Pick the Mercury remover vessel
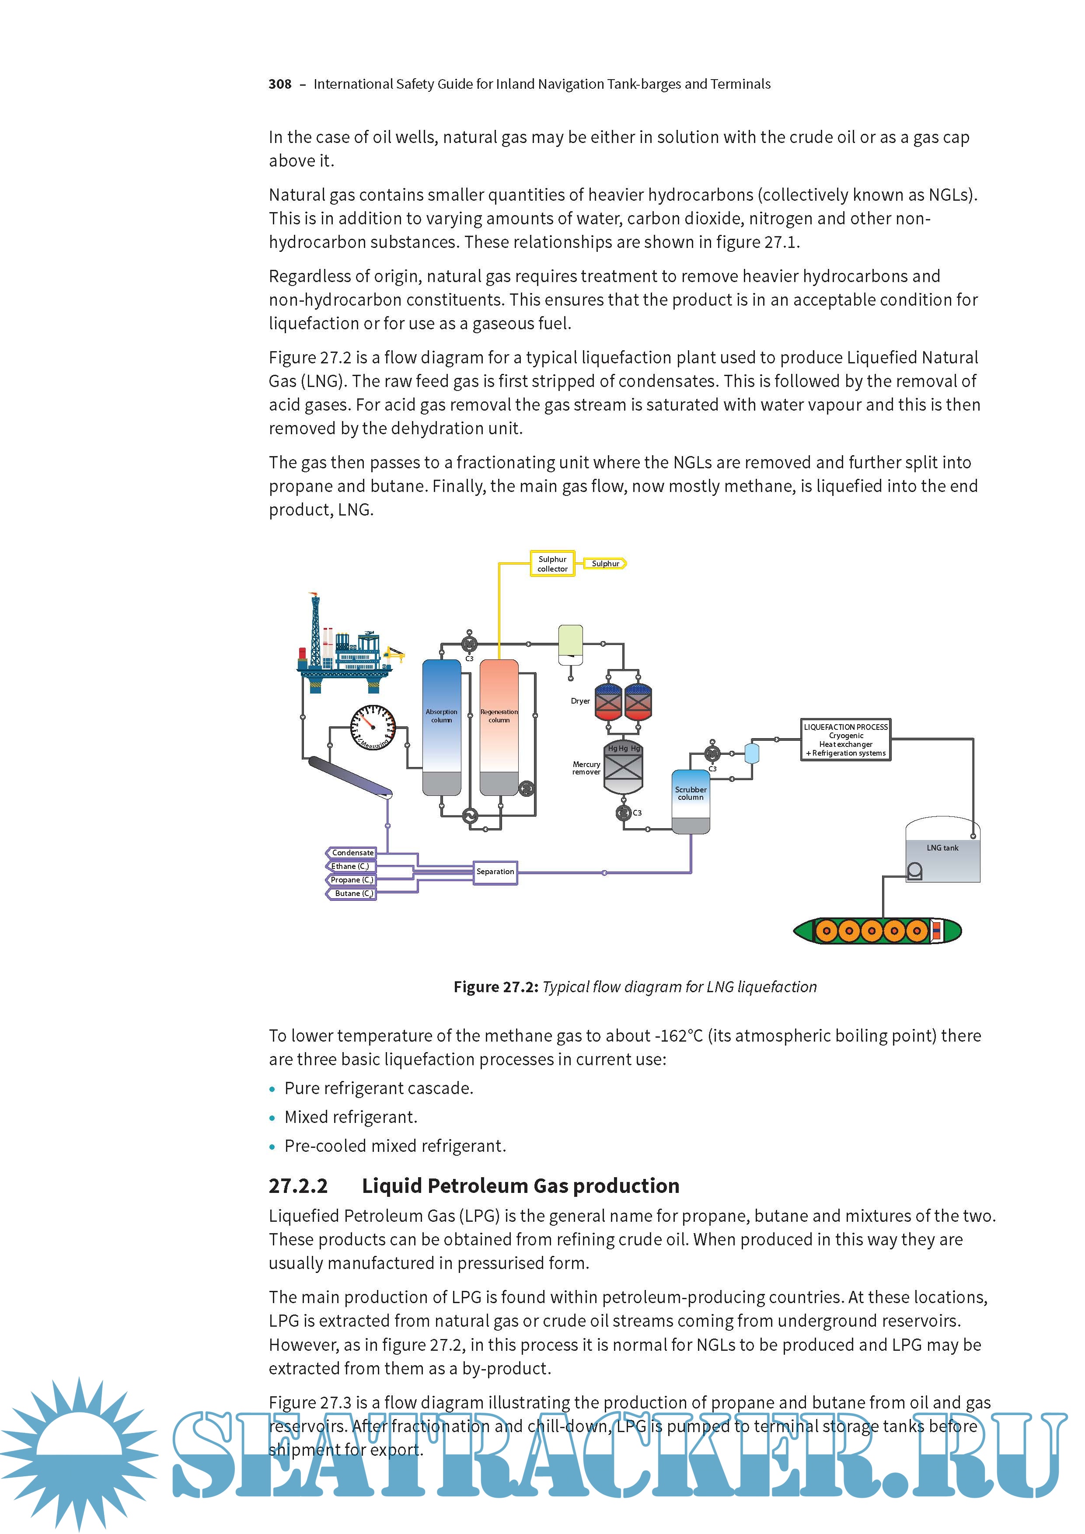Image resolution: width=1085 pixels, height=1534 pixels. [x=623, y=768]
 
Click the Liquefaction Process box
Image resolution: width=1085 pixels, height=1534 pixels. [x=846, y=739]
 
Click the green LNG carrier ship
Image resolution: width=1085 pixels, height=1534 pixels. [x=876, y=930]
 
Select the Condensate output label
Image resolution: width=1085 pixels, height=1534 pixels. [x=352, y=853]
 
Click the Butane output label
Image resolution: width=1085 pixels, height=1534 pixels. [x=352, y=893]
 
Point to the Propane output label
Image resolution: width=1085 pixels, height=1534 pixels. [x=352, y=880]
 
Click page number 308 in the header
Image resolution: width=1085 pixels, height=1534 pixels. [x=280, y=84]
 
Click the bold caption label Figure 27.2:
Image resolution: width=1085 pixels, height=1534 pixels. [x=496, y=987]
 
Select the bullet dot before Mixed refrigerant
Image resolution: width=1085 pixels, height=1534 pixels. [x=272, y=1118]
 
